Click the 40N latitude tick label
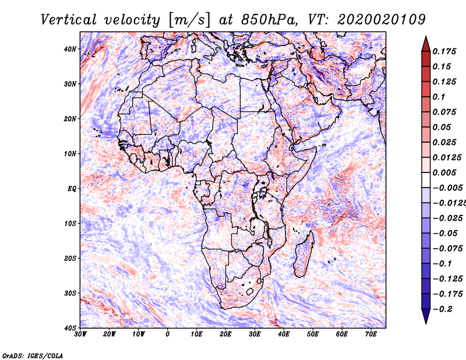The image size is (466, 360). (70, 49)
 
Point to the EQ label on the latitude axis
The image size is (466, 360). (72, 189)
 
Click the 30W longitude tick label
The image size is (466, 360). (80, 334)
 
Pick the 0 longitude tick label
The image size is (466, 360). (168, 334)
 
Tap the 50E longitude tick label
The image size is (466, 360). (313, 334)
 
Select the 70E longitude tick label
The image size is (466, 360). (370, 334)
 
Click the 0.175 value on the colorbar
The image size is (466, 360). (444, 51)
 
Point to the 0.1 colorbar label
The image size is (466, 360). (439, 97)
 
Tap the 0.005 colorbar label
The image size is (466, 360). (444, 172)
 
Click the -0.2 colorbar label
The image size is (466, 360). (443, 309)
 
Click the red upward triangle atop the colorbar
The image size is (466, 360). (426, 45)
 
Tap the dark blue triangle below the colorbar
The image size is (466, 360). (426, 316)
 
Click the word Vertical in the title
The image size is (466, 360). (69, 20)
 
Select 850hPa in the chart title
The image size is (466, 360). (269, 20)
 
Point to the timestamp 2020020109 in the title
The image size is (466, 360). (382, 20)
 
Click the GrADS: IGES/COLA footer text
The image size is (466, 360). (33, 355)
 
